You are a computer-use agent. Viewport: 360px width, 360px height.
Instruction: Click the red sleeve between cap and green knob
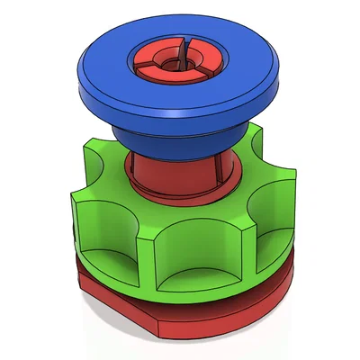pyautogui.click(x=157, y=175)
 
